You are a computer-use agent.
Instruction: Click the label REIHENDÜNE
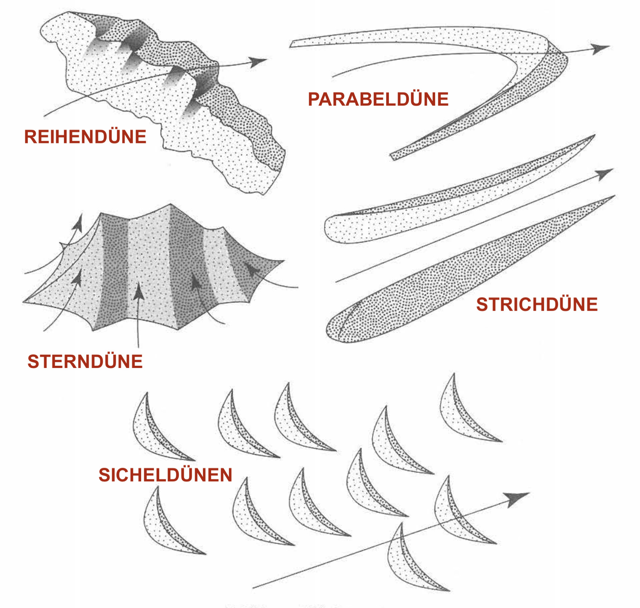[x=85, y=137]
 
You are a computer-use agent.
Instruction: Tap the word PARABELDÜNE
[x=378, y=99]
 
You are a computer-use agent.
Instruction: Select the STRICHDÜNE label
[x=537, y=304]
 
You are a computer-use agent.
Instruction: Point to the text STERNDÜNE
[x=85, y=361]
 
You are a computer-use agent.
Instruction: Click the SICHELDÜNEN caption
[x=165, y=475]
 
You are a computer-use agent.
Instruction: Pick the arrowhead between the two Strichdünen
[x=605, y=173]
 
